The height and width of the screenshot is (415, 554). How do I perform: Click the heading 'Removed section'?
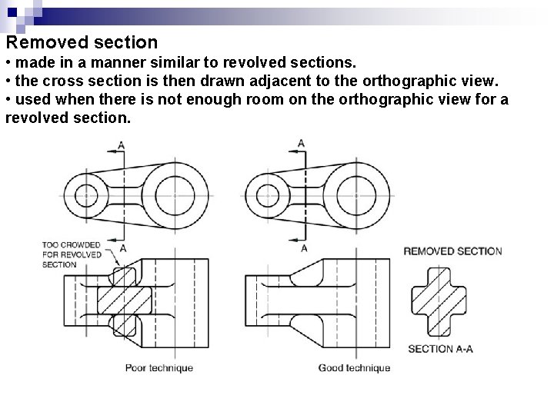pos(81,42)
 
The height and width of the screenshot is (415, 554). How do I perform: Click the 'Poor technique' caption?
pos(159,367)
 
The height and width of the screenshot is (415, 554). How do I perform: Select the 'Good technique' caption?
pos(354,367)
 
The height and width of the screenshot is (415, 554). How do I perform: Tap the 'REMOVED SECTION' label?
pos(452,251)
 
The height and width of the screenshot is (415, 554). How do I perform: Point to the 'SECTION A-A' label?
pos(440,348)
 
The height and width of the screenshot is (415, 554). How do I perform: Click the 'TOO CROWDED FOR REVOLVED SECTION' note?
pos(70,254)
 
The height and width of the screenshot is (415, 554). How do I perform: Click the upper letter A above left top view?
pos(121,144)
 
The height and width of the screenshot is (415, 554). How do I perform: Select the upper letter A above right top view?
pos(301,143)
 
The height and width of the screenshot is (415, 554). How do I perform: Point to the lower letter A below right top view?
pos(303,248)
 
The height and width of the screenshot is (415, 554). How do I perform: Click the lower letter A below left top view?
pos(123,248)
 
